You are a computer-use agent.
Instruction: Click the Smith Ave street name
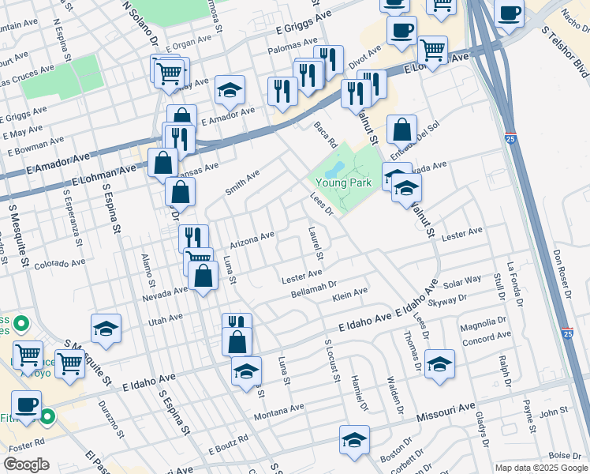[x=242, y=182]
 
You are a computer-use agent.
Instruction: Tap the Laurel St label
[x=316, y=243]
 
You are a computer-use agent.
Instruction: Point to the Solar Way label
[x=462, y=280]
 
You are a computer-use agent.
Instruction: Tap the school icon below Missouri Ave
[x=355, y=439]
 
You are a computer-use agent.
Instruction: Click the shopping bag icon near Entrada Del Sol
[x=402, y=129]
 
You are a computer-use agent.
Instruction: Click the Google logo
[x=27, y=464]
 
